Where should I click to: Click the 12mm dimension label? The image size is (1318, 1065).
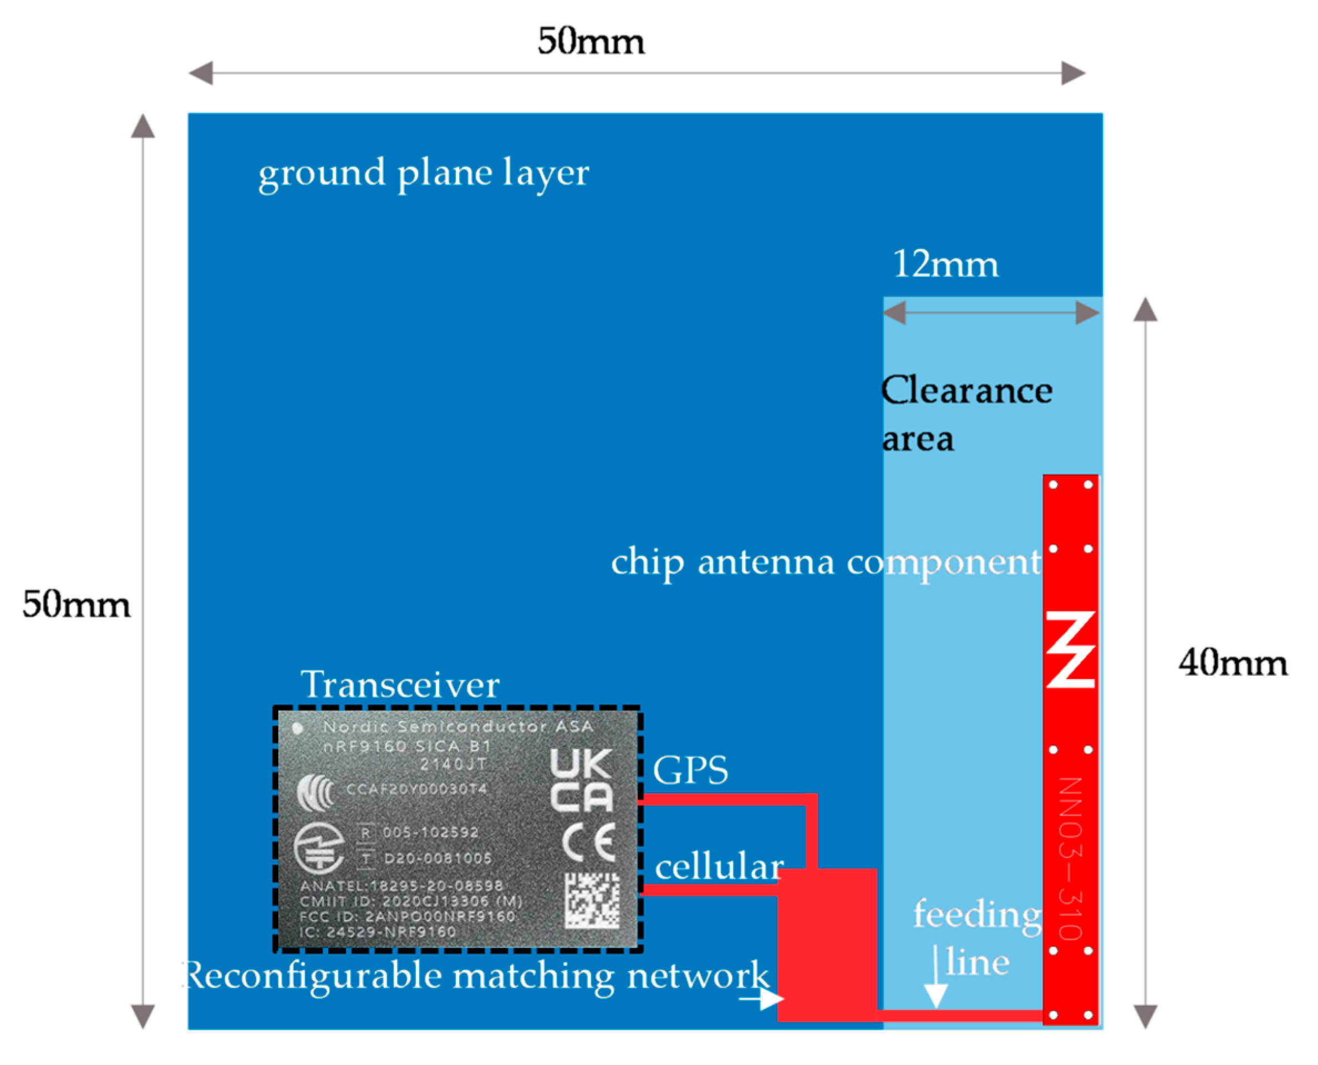tap(945, 265)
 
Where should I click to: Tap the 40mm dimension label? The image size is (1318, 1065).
tap(1232, 664)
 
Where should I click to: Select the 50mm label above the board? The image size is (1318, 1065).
tap(591, 42)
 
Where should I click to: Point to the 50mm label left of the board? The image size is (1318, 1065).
tap(76, 605)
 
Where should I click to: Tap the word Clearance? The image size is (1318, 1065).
tap(966, 391)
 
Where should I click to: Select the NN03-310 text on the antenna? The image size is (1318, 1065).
tap(1071, 859)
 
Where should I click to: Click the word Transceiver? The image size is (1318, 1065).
tap(400, 684)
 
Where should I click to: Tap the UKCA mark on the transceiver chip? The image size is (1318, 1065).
tap(581, 780)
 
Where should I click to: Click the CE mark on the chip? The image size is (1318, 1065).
tap(589, 843)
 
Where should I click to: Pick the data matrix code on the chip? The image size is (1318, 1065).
tap(592, 900)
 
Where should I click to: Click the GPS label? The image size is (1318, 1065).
tap(690, 770)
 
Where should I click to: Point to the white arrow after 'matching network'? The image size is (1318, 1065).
tap(762, 999)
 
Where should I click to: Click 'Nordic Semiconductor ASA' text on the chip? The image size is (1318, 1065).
tap(457, 727)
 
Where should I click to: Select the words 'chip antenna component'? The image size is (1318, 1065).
tap(825, 562)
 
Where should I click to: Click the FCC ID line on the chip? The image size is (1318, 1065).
tap(406, 916)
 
